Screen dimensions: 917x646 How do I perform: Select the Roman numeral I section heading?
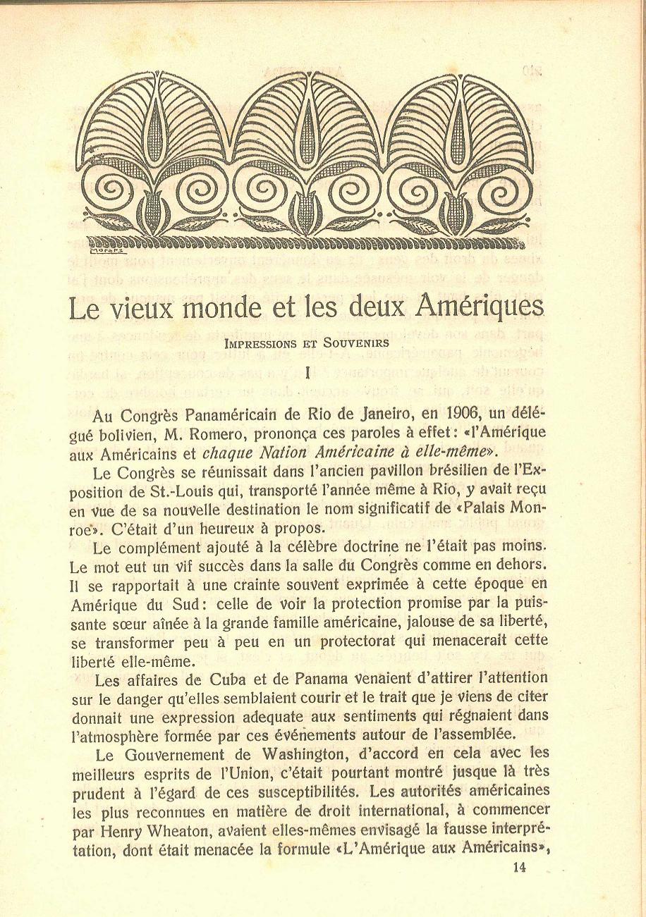(308, 375)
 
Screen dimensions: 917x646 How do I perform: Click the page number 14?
(520, 868)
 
